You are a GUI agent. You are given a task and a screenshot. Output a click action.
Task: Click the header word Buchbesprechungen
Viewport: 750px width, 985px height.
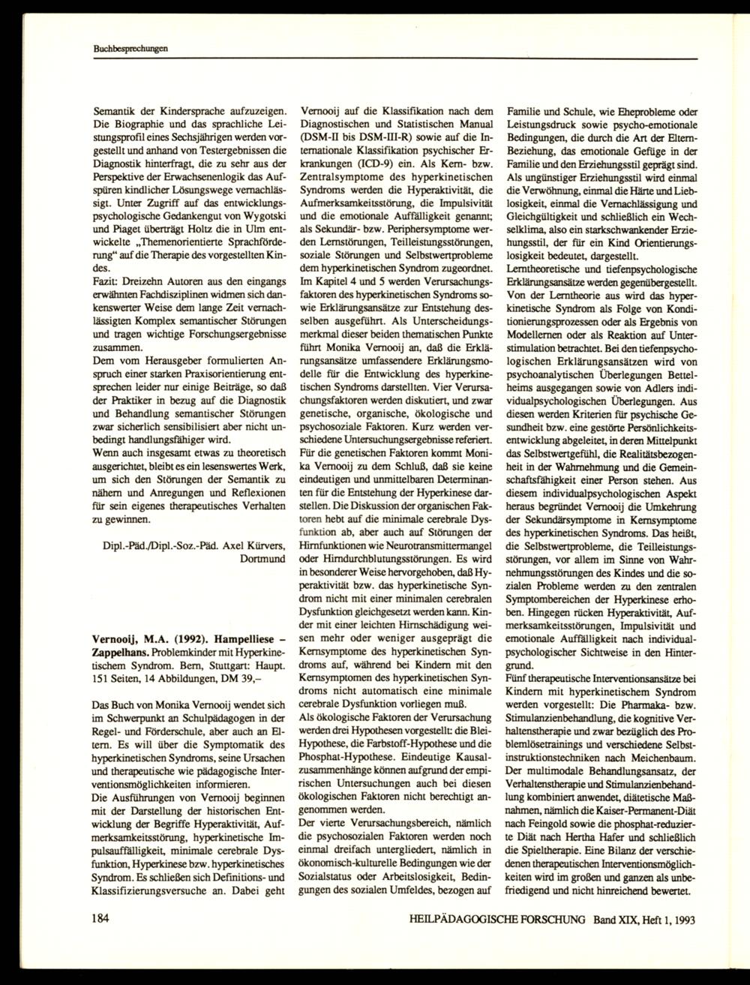(119, 49)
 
